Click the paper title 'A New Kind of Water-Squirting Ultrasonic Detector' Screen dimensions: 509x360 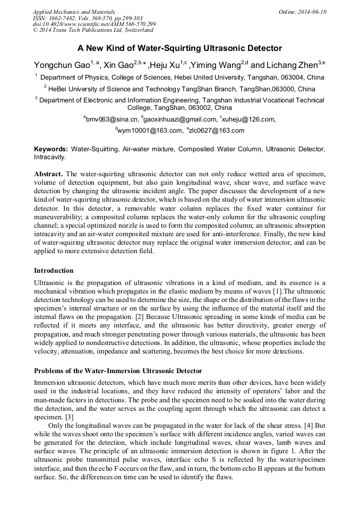point(179,48)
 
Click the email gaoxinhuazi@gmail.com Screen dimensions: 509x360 point(180,119)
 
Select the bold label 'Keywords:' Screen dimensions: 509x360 point(51,150)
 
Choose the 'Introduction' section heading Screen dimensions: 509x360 point(54,271)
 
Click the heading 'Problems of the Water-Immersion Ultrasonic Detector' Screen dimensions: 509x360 point(118,370)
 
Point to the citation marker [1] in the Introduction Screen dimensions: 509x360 point(277,291)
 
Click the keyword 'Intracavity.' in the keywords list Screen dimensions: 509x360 point(50,157)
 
